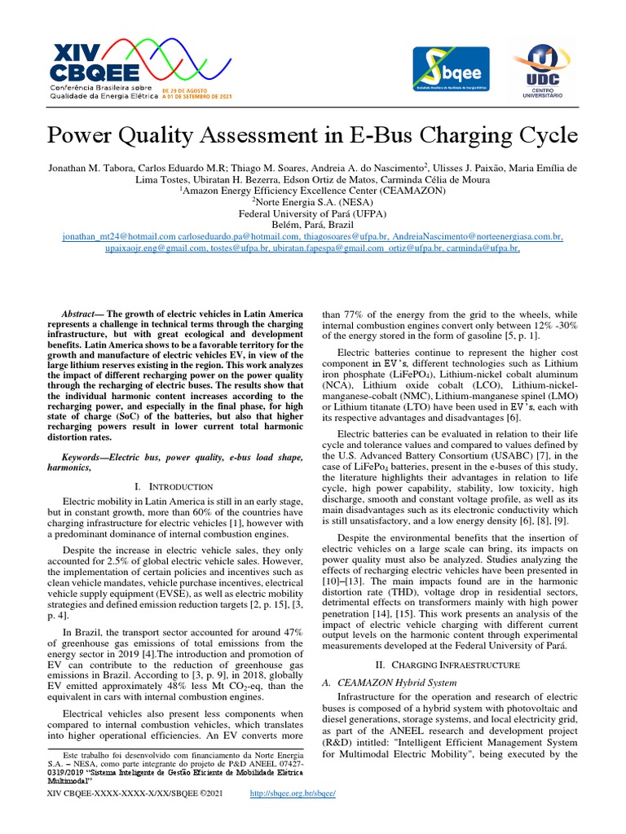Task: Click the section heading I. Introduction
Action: pos(173,486)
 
